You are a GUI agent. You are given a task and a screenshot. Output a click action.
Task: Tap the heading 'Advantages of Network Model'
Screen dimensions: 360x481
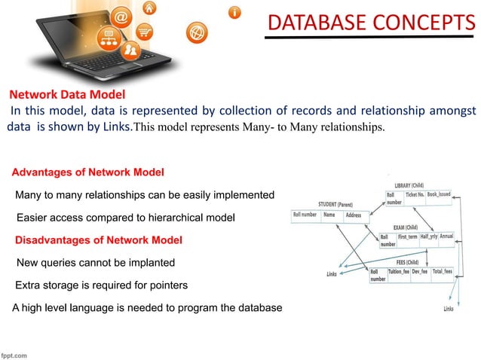coord(88,172)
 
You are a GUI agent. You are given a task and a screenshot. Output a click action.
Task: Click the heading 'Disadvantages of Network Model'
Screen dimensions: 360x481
coord(99,240)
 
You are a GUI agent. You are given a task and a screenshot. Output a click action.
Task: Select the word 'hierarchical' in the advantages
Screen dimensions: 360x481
coord(164,218)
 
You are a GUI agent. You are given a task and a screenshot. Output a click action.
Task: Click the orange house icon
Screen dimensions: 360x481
coord(150,8)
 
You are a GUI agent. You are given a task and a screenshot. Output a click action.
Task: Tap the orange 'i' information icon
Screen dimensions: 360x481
coord(235,13)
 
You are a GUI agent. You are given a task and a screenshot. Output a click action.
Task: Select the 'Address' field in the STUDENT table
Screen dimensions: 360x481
coord(353,215)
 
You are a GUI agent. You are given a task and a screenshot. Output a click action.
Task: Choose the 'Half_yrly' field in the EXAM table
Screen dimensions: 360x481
coord(429,236)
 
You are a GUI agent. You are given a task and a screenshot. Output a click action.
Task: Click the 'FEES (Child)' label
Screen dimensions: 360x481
coord(409,261)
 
